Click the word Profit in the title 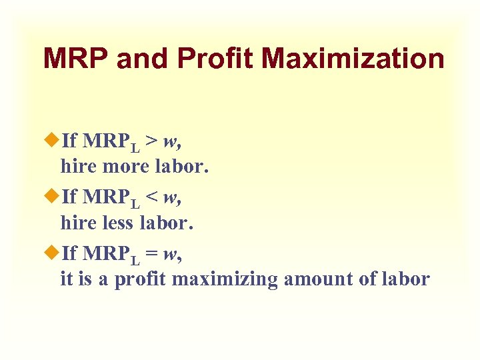(218, 59)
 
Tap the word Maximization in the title (353, 59)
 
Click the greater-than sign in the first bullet (152, 140)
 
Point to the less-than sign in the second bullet (152, 197)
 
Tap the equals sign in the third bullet (152, 253)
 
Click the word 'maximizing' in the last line (225, 279)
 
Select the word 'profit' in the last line (141, 279)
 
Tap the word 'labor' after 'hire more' (187, 166)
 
